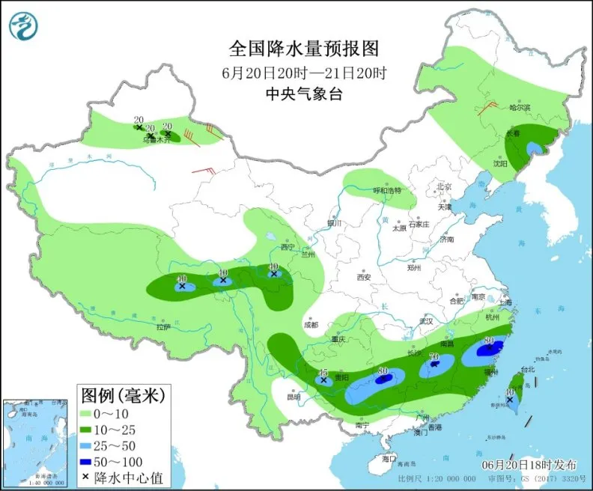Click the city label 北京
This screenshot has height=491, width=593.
(444, 187)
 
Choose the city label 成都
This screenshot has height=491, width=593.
(311, 325)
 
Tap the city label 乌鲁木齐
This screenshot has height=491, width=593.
(158, 140)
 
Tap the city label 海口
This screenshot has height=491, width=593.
(387, 457)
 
